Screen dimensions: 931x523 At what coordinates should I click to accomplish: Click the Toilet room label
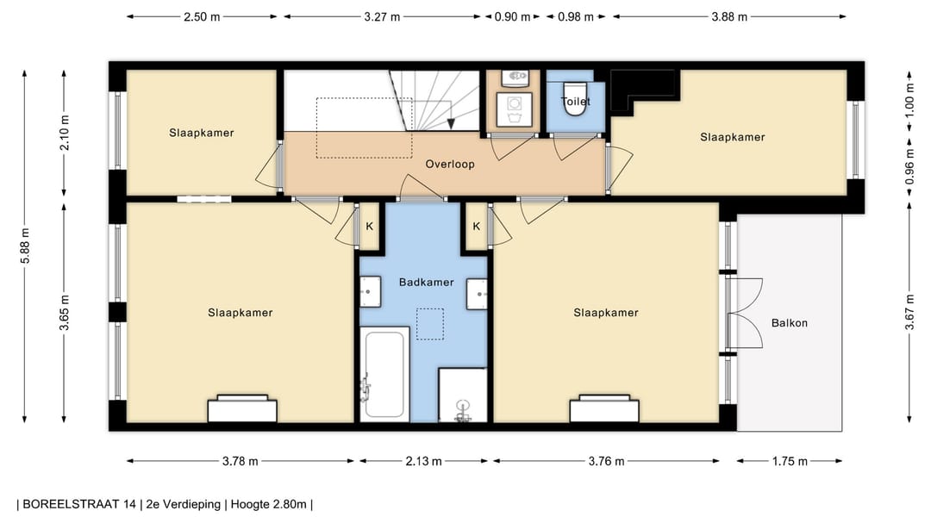[x=575, y=102]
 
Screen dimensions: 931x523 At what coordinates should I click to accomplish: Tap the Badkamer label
[x=427, y=283]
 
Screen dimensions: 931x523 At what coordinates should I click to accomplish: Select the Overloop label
[x=450, y=165]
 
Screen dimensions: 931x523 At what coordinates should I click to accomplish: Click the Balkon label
[x=789, y=323]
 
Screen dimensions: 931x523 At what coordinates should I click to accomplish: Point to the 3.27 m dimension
[x=382, y=16]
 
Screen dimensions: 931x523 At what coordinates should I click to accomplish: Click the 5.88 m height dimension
[x=25, y=246]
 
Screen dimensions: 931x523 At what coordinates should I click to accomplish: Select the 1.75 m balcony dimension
[x=790, y=461]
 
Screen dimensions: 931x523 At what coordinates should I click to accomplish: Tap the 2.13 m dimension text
[x=423, y=461]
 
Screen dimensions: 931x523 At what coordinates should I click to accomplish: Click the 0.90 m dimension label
[x=512, y=16]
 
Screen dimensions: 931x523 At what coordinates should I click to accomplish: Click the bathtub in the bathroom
[x=384, y=375]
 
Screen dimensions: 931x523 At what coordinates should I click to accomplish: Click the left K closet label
[x=369, y=227]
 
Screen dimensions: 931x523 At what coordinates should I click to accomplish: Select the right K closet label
[x=476, y=227]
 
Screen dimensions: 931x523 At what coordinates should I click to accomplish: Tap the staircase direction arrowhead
[x=451, y=123]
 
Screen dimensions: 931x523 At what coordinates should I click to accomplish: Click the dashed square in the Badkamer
[x=430, y=324]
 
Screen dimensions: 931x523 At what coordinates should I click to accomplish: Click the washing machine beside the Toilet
[x=514, y=109]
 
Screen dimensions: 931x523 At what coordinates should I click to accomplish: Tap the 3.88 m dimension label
[x=729, y=16]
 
